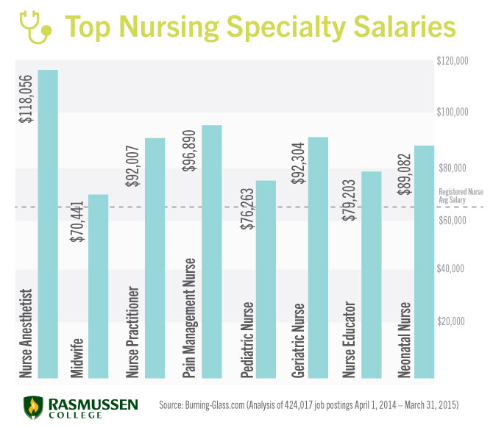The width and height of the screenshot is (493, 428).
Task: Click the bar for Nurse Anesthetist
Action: click(48, 221)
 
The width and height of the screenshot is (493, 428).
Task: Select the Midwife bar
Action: click(98, 287)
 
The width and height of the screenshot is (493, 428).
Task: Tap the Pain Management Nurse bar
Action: click(211, 250)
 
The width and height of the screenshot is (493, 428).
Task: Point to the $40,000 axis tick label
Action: click(452, 269)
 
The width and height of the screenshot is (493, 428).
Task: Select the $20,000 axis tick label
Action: click(452, 321)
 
